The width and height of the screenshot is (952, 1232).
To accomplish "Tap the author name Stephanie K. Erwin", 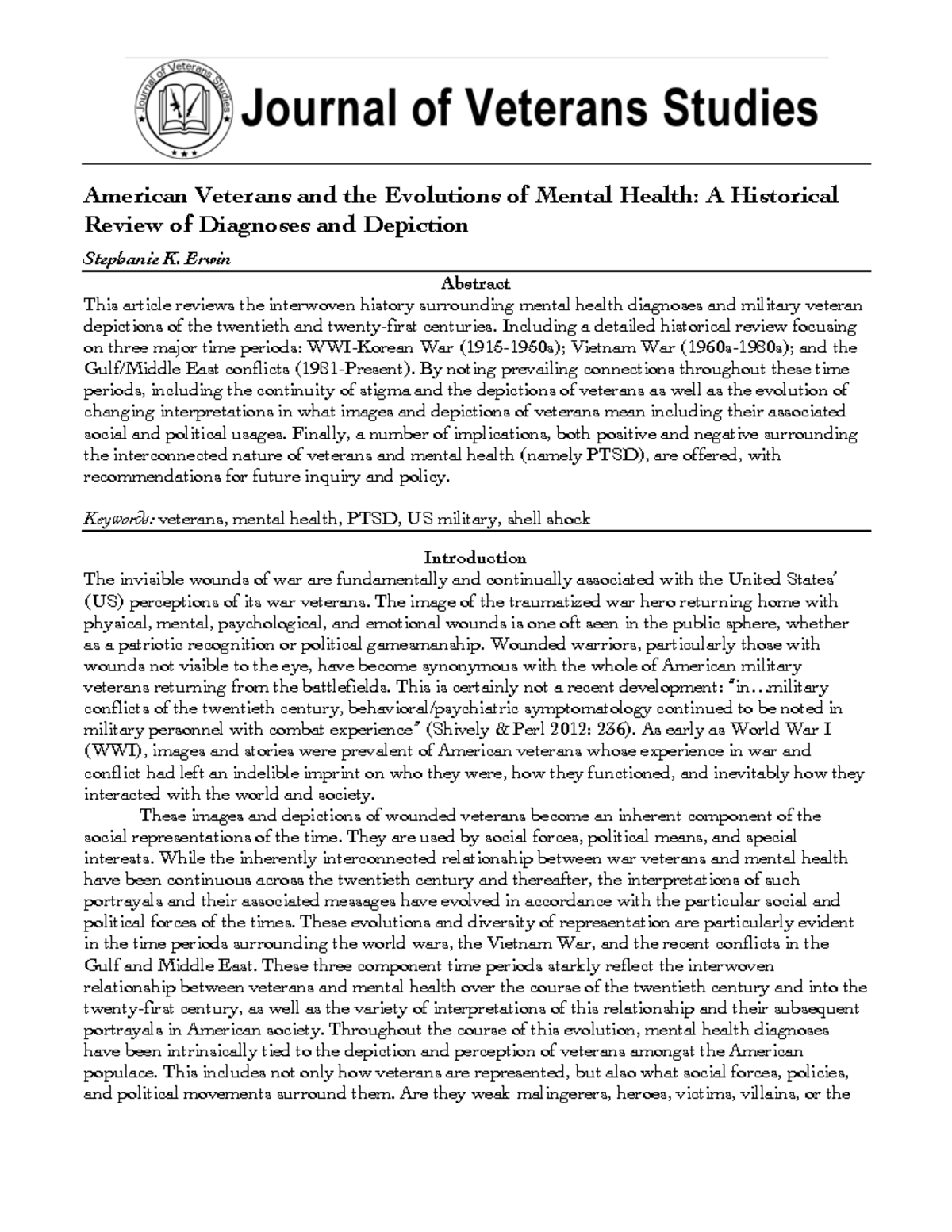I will point(157,259).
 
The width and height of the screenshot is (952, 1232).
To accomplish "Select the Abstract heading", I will point(476,283).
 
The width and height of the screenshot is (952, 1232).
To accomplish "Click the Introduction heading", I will point(476,557).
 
